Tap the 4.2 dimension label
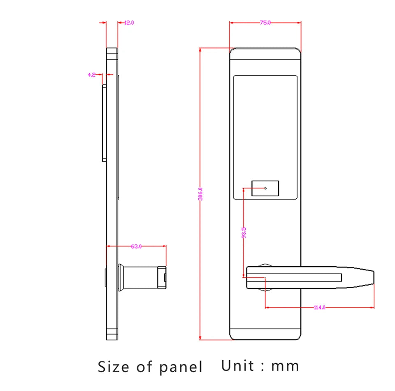click(x=91, y=74)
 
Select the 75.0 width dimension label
click(x=265, y=23)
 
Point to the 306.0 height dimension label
click(x=200, y=194)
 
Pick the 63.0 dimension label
click(x=136, y=246)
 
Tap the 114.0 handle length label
click(x=319, y=307)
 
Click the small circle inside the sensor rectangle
click(x=265, y=188)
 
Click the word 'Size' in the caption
click(x=113, y=366)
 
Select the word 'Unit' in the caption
click(x=238, y=365)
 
